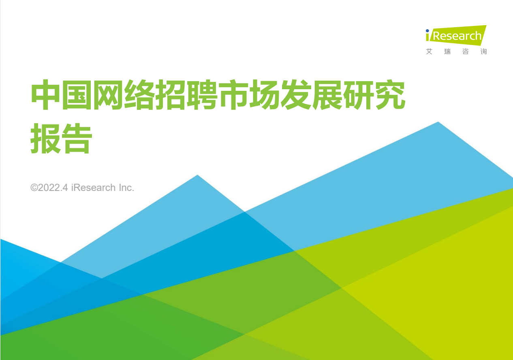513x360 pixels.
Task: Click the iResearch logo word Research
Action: (457, 36)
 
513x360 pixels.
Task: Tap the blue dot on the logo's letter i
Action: (427, 30)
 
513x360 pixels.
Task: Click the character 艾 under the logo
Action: (429, 52)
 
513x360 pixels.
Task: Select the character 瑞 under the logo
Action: (447, 52)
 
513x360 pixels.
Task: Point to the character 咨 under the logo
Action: (465, 52)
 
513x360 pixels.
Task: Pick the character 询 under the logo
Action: (483, 52)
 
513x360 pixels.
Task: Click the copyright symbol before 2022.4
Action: (34, 188)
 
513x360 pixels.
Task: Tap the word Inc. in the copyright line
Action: (126, 188)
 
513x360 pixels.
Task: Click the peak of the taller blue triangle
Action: (438, 122)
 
